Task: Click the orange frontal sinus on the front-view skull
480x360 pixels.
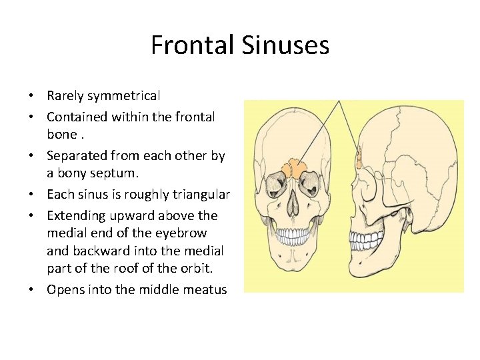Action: click(x=291, y=167)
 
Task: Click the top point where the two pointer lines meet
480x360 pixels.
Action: click(x=339, y=101)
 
